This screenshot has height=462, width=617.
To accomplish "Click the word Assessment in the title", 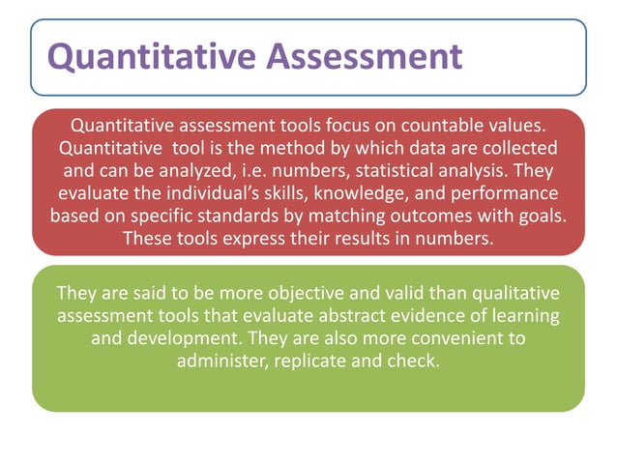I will point(363,57).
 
